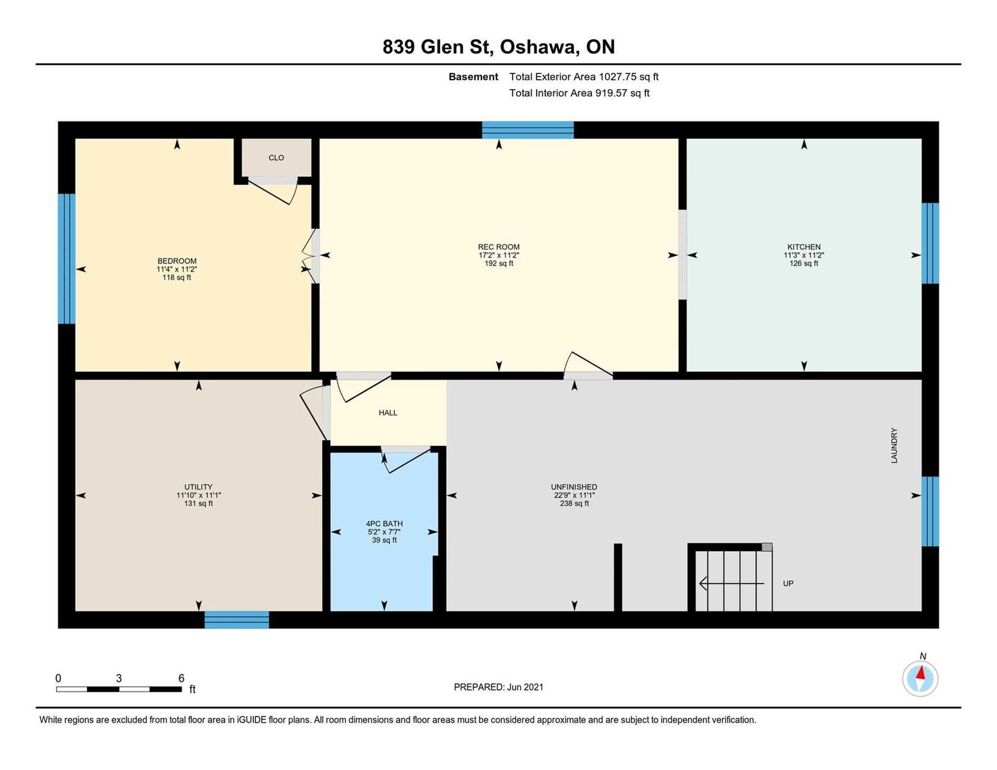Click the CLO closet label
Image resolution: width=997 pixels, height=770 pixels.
tap(276, 158)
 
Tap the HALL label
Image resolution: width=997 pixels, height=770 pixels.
tap(388, 413)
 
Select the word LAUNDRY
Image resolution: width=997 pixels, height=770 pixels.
tap(894, 445)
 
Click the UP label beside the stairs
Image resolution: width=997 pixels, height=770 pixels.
tap(788, 583)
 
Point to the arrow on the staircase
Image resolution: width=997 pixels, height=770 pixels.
tap(732, 583)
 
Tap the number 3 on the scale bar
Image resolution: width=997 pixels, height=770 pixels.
tap(119, 678)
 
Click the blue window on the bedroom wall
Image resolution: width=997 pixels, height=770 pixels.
tap(67, 259)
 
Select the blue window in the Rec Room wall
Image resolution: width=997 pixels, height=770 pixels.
tap(528, 130)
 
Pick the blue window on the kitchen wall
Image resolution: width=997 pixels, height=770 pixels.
tap(930, 243)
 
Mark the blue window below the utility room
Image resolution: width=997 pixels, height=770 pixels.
tap(237, 620)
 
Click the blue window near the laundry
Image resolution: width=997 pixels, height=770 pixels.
tap(930, 511)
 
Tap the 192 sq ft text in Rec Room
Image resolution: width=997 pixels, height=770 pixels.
tap(499, 264)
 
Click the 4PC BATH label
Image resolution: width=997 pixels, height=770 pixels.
tap(384, 524)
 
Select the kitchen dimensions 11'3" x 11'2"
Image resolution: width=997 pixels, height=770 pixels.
tap(804, 255)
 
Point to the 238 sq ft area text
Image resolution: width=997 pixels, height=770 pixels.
tap(574, 503)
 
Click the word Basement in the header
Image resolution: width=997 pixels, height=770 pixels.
tap(473, 77)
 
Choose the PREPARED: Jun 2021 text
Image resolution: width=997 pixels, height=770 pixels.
tap(499, 687)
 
